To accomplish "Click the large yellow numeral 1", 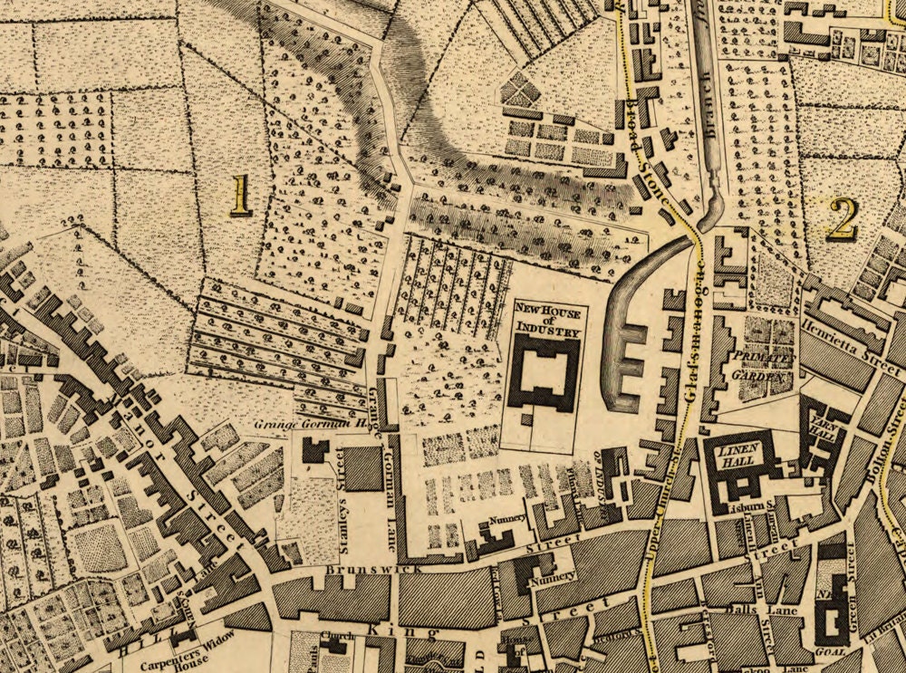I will coord(240,195).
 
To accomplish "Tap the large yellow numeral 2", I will coord(842,218).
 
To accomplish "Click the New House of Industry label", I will coord(546,321).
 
